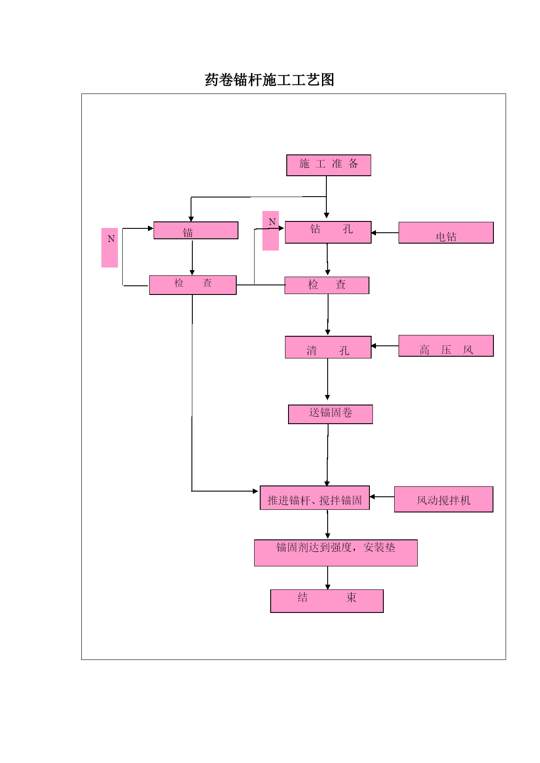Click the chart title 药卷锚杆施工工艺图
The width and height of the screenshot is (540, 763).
[x=269, y=80]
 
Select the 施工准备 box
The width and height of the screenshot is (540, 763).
[x=329, y=165]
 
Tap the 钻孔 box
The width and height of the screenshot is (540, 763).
[x=328, y=232]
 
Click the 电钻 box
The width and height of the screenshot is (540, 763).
[x=446, y=233]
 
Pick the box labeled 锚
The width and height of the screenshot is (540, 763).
[x=196, y=231]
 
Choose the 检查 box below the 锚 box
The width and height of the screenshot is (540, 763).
[x=193, y=285]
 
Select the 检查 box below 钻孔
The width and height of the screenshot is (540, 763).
[x=327, y=285]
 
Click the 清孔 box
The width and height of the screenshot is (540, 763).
[x=328, y=347]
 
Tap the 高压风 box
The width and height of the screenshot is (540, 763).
[x=446, y=346]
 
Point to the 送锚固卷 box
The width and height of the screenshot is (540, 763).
[x=330, y=414]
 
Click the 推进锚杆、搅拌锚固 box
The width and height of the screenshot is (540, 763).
[x=315, y=498]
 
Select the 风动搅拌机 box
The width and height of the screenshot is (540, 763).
[x=444, y=499]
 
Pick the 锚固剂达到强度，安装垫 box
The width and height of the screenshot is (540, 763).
[x=336, y=553]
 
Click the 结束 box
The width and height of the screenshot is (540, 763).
[x=327, y=601]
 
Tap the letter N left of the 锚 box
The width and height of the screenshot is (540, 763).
[x=111, y=239]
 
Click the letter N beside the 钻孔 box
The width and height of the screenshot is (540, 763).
[x=272, y=222]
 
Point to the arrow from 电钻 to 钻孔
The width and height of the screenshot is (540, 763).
[x=385, y=233]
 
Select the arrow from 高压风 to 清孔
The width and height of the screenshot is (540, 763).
[x=385, y=346]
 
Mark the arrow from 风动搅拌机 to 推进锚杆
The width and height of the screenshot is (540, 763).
[x=382, y=497]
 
